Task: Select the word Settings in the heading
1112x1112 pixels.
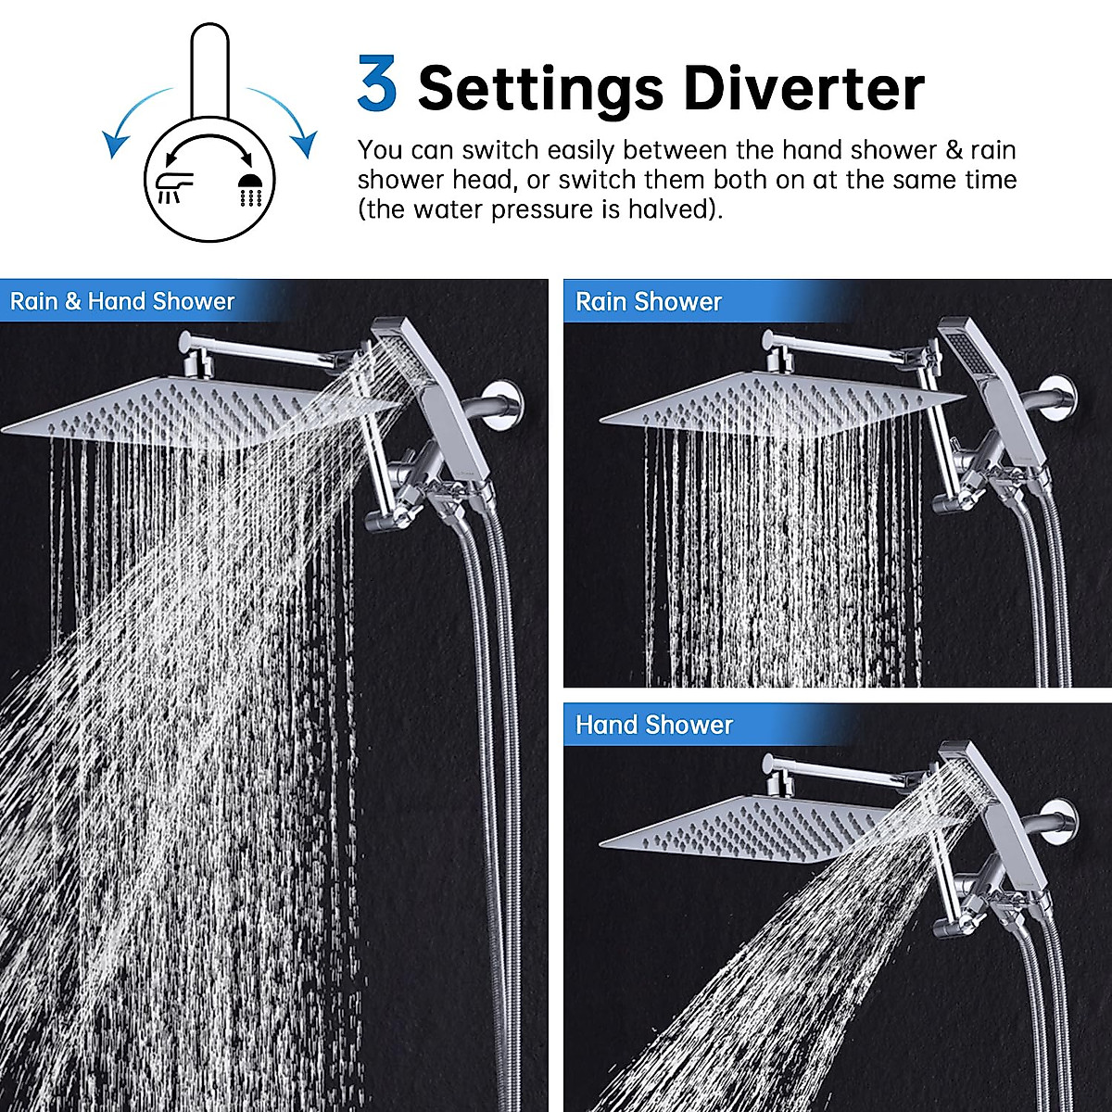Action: coord(540,89)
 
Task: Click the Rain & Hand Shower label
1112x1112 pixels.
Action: coord(122,302)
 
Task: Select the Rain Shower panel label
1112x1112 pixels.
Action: coord(648,302)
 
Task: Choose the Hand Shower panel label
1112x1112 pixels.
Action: coord(653,725)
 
